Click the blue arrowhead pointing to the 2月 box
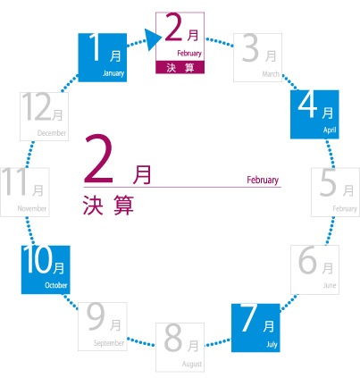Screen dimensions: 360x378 [153, 39]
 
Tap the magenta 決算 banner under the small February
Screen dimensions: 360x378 [180, 67]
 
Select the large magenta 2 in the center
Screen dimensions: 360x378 [98, 159]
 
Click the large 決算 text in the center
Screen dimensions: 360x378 [108, 205]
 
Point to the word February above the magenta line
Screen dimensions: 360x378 [263, 180]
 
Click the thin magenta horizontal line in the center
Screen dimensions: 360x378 [182, 188]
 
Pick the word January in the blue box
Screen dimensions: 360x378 [113, 73]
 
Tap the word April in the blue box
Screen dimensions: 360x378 [330, 130]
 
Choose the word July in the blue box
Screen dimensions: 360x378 [272, 345]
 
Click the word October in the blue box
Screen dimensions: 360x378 [56, 285]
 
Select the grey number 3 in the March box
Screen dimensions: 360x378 [250, 48]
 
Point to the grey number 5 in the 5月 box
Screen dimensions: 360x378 [328, 182]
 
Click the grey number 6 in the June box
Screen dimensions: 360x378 [307, 260]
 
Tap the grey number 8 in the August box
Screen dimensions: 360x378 [173, 338]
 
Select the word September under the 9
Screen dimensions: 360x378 [109, 343]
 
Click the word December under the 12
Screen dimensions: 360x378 [52, 133]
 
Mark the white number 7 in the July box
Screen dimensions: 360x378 [249, 317]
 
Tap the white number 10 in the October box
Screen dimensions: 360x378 [38, 259]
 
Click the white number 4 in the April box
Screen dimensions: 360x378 [308, 104]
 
